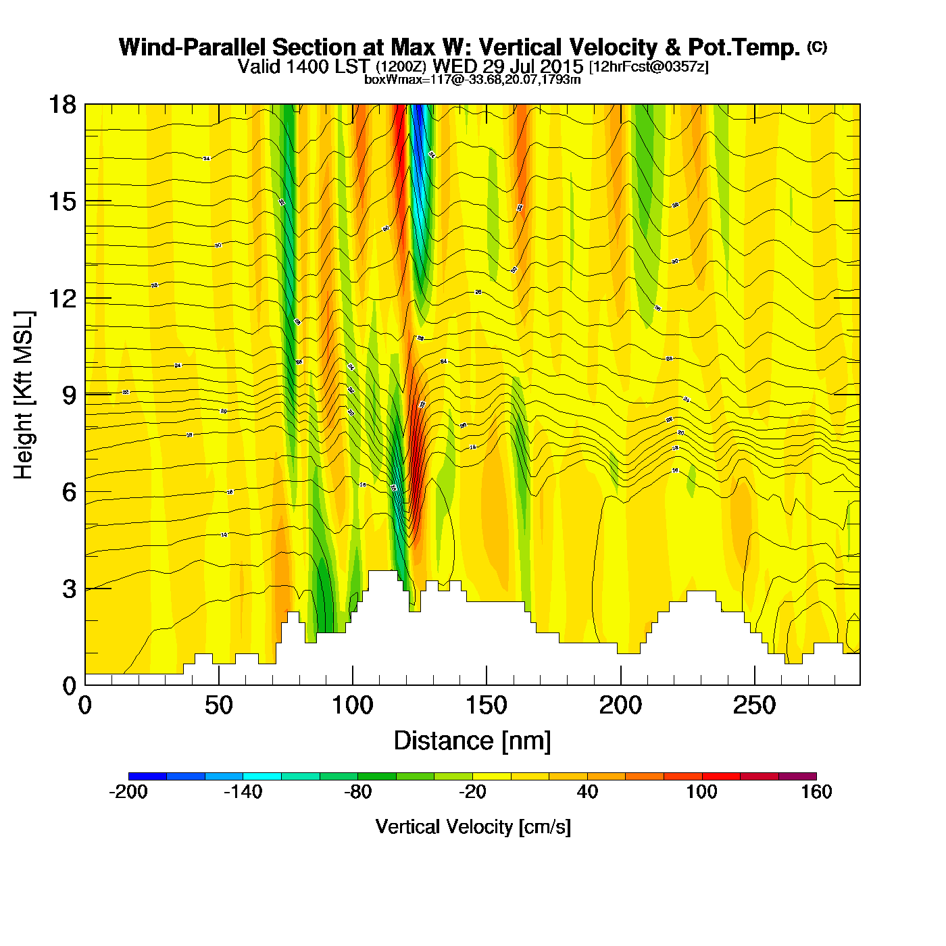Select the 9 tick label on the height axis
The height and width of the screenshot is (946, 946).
69,395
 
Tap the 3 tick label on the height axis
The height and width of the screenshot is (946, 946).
69,589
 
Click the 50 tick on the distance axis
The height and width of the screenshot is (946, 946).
218,705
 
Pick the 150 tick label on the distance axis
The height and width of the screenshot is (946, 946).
486,705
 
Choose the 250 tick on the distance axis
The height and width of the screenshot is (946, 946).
754,705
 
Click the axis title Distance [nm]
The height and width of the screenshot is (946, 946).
472,741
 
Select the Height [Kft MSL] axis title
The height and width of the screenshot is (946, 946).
24,395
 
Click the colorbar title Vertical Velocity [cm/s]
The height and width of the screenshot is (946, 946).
473,826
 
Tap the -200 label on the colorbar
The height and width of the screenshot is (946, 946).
128,792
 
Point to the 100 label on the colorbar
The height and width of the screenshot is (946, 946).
701,792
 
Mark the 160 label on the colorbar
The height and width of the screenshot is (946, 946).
816,792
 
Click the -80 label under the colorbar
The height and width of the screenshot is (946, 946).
357,792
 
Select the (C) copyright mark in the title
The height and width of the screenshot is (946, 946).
817,47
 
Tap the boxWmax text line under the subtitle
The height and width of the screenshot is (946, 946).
472,79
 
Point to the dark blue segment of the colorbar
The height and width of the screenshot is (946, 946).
147,776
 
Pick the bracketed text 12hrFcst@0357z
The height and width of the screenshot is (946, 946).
649,67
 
